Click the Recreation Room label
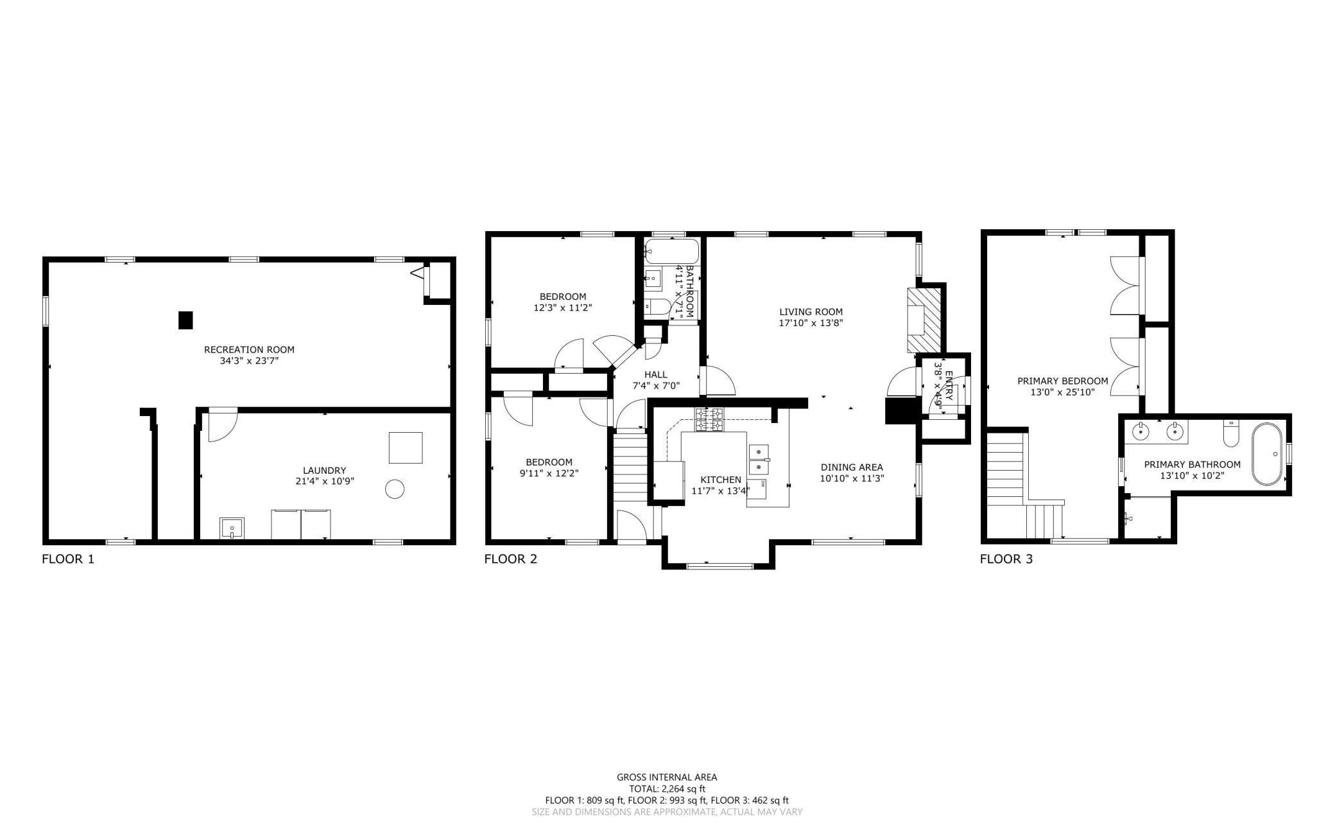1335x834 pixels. [x=249, y=350]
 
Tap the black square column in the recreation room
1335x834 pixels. [x=185, y=320]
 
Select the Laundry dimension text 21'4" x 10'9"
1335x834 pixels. [x=325, y=481]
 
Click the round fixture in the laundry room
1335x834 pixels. [x=395, y=489]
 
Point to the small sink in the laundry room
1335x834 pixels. [x=232, y=528]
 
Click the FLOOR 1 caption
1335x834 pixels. [x=68, y=559]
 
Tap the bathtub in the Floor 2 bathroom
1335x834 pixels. [x=671, y=252]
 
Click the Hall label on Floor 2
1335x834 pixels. [x=655, y=374]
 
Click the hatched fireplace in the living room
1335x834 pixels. [x=924, y=320]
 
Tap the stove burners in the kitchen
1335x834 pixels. [x=709, y=419]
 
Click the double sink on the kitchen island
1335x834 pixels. [x=758, y=459]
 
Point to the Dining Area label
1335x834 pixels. [x=852, y=467]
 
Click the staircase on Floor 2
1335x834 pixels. [x=631, y=469]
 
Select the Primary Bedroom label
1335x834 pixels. [x=1063, y=381]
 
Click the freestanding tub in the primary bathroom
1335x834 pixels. [x=1267, y=454]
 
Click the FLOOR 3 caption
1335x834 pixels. [x=1006, y=559]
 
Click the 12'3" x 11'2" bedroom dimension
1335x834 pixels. [x=563, y=308]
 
